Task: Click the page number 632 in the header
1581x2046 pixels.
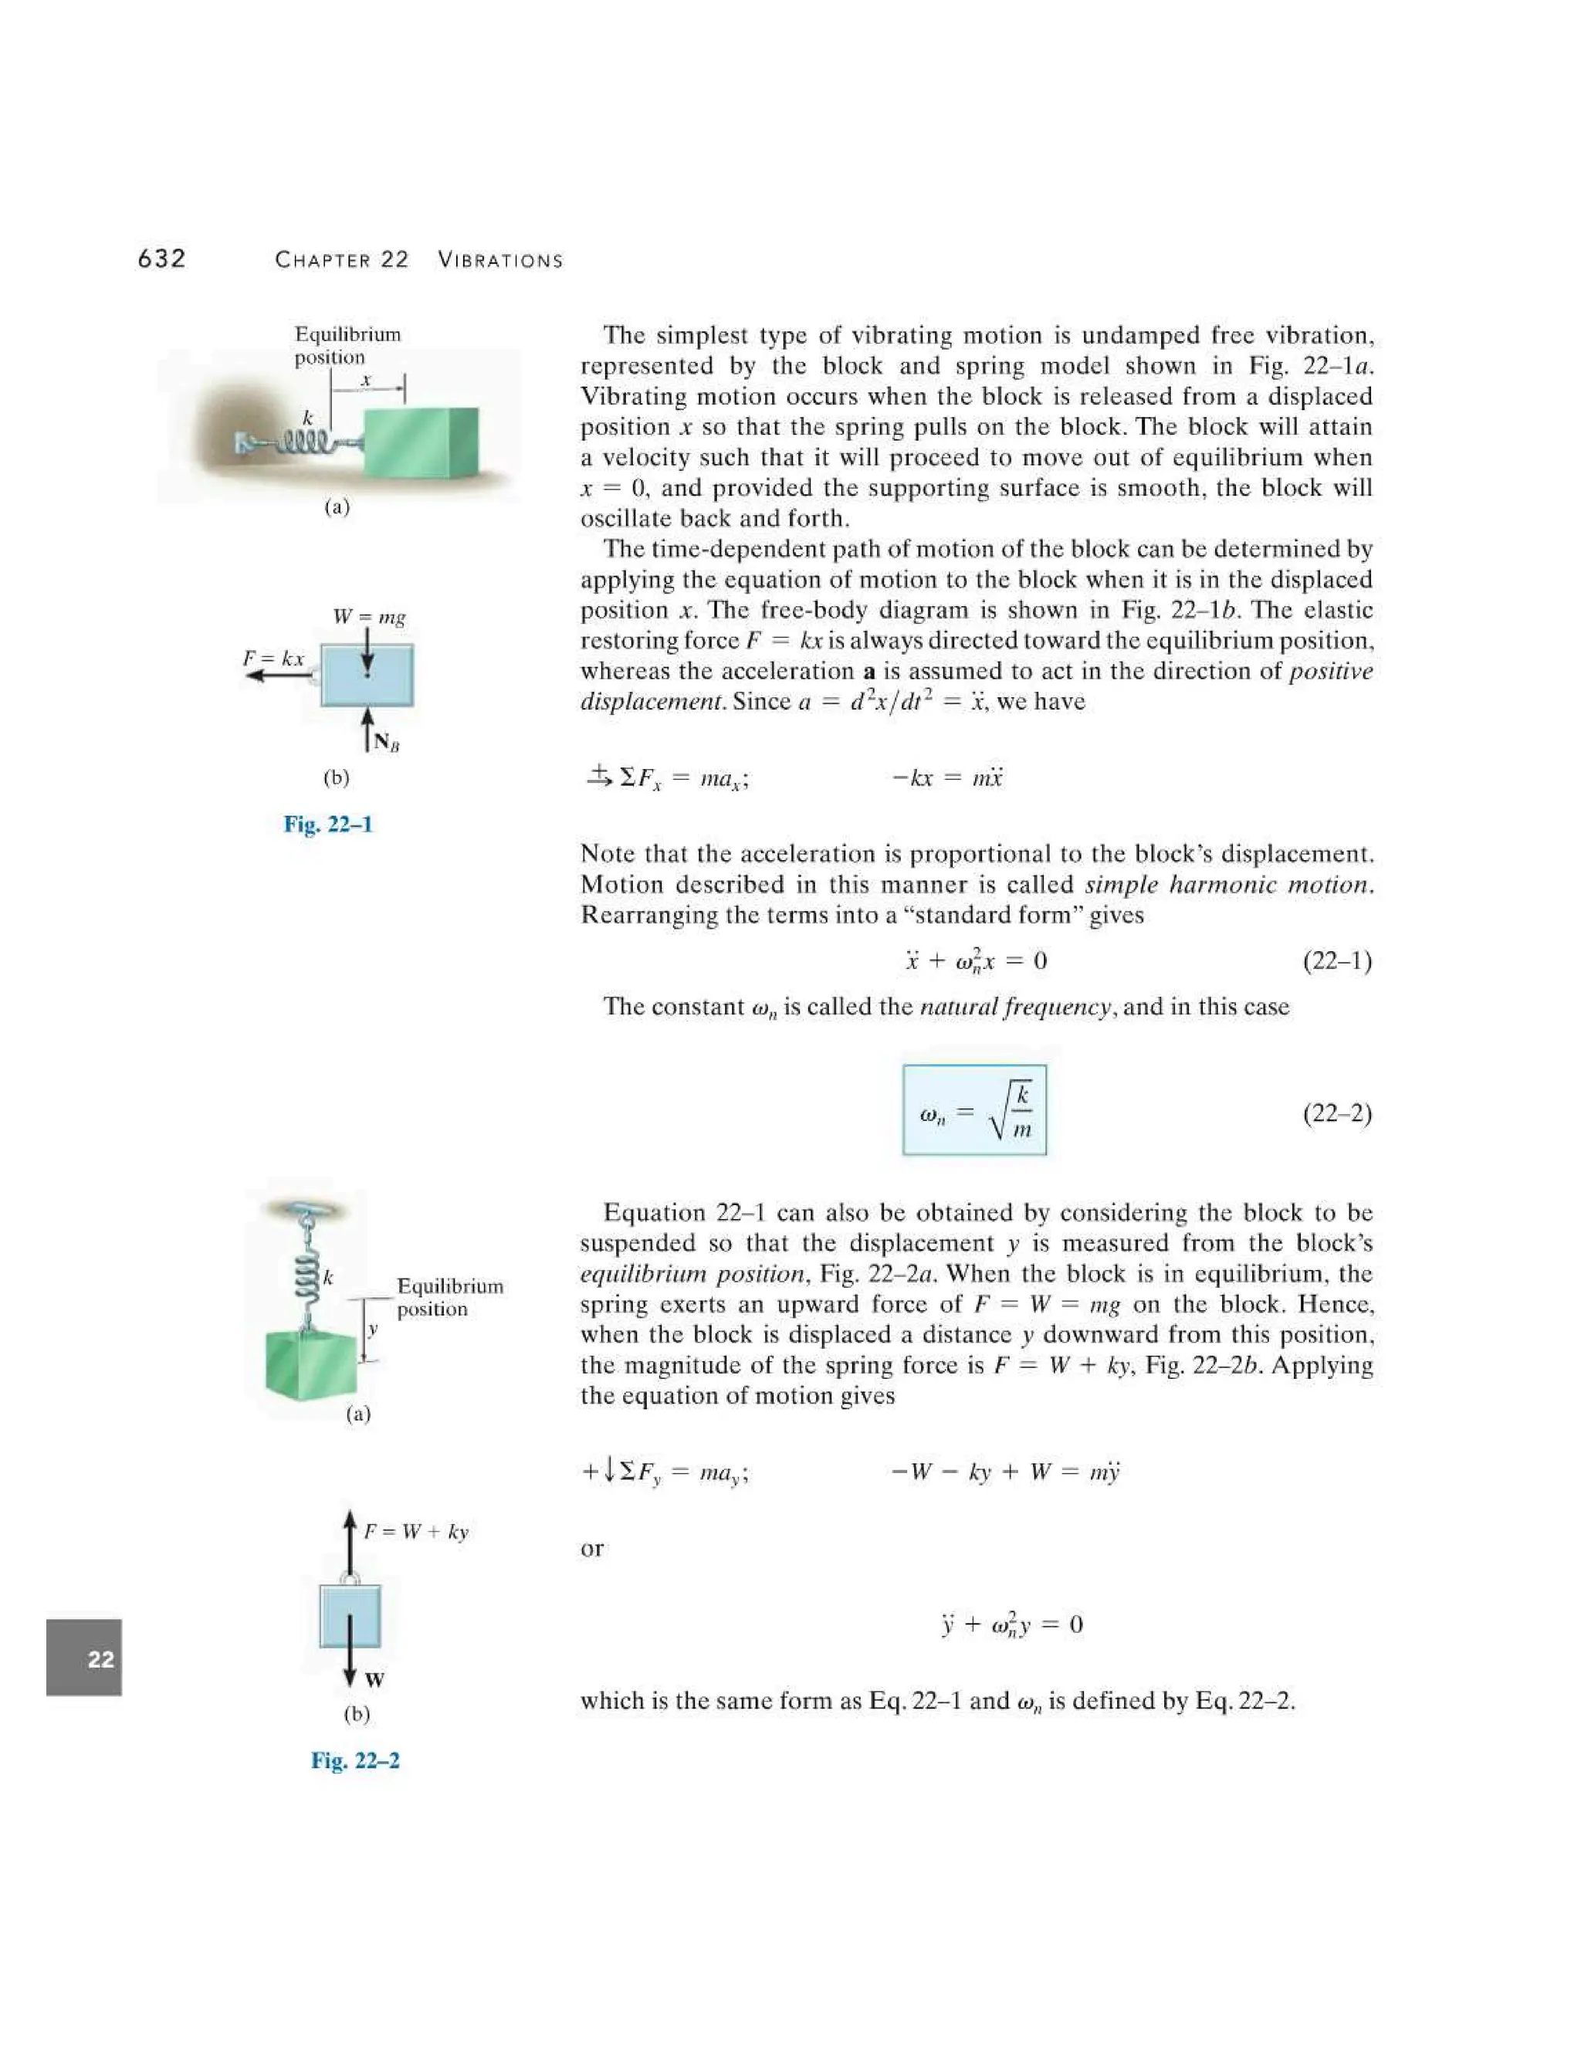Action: point(161,259)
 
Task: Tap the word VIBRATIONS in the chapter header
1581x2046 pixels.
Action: point(500,260)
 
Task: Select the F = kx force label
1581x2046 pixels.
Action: point(273,659)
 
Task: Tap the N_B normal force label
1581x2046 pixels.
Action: point(386,743)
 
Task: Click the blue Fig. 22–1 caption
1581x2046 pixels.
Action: point(328,825)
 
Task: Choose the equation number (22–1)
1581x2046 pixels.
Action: point(1336,960)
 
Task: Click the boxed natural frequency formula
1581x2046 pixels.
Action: point(974,1110)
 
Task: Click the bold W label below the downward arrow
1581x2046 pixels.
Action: point(374,1680)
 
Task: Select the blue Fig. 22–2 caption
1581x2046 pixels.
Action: point(355,1760)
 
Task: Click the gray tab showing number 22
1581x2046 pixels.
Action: point(84,1659)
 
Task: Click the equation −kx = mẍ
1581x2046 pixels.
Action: point(947,777)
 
